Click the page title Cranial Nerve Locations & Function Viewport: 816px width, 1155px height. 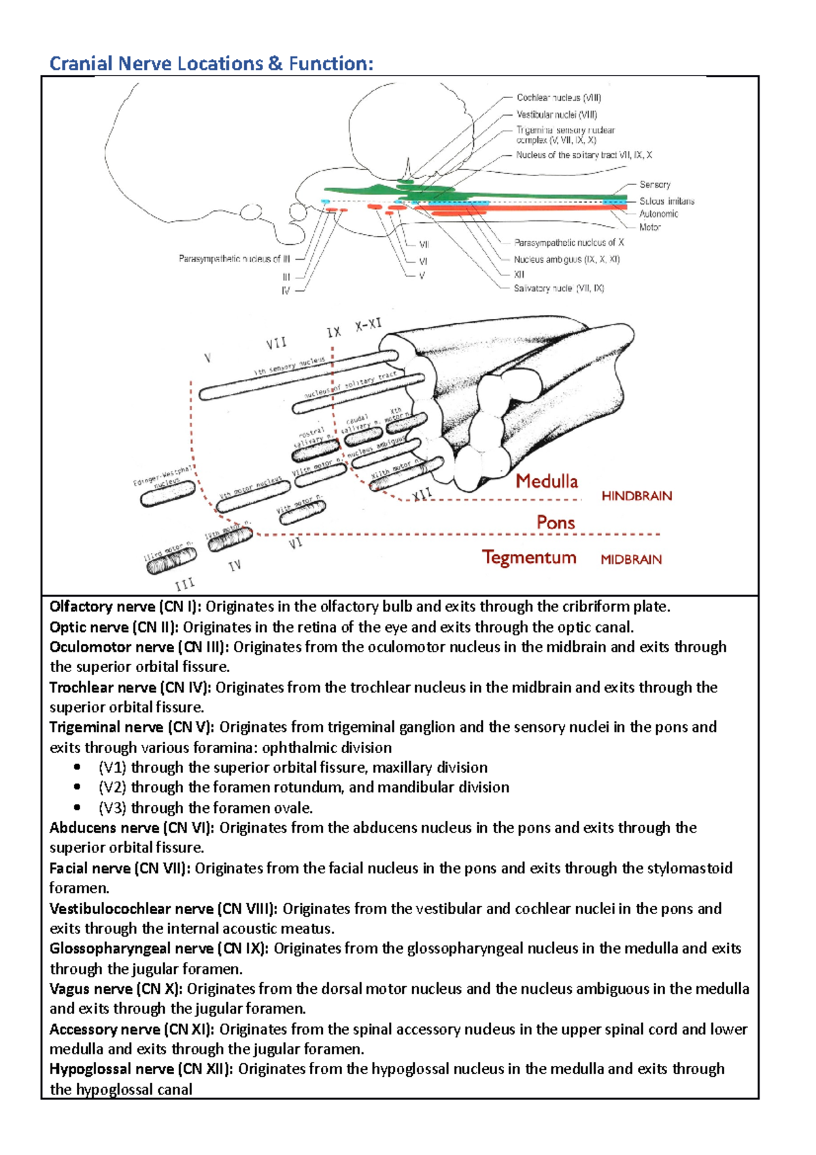(x=211, y=64)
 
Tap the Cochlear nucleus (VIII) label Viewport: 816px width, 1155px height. (x=558, y=98)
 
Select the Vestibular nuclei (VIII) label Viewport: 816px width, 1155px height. (x=556, y=115)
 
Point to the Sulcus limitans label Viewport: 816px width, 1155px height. (x=666, y=201)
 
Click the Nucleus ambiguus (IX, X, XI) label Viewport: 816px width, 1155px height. (x=566, y=259)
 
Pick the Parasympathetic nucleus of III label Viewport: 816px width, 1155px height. (x=234, y=258)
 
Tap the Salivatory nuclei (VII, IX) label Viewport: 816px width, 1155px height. (x=558, y=288)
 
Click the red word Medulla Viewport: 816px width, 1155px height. (x=546, y=482)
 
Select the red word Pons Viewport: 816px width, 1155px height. (x=556, y=523)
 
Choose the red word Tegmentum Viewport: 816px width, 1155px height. (x=529, y=558)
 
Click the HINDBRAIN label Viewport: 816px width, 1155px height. (x=636, y=497)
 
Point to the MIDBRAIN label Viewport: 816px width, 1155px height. (x=631, y=560)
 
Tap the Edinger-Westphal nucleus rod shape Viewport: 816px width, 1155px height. (x=168, y=494)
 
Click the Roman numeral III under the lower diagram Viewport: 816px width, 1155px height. (x=184, y=584)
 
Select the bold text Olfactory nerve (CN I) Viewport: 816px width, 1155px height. (x=125, y=607)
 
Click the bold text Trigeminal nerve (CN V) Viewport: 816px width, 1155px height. (x=131, y=727)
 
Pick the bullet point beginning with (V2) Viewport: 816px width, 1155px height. (x=303, y=788)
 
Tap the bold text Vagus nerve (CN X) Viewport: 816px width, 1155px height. (x=116, y=989)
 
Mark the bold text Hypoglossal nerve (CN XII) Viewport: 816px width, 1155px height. (x=141, y=1069)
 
